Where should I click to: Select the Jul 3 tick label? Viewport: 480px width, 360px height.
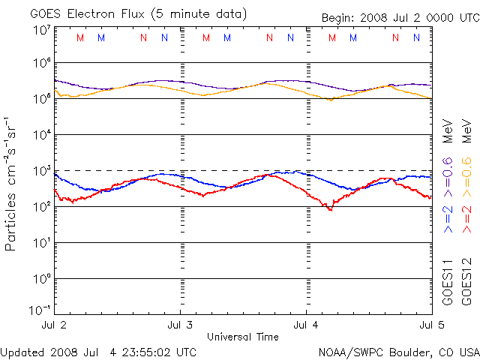[x=180, y=325]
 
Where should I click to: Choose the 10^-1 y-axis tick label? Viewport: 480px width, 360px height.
[x=40, y=310]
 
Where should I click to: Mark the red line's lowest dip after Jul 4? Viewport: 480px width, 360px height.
[x=330, y=209]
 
